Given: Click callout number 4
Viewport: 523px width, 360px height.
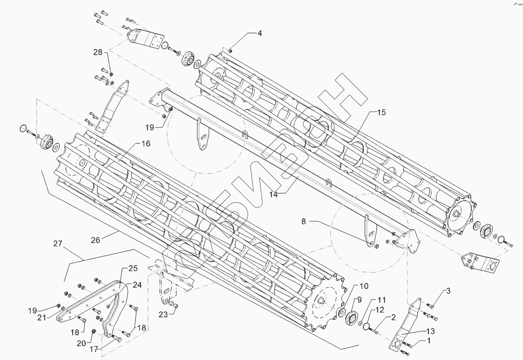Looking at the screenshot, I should click(260, 33).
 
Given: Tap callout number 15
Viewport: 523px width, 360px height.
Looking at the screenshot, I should click(382, 113).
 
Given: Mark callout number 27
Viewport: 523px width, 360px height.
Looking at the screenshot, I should click(58, 244).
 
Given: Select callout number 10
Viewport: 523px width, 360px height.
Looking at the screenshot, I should click(364, 286).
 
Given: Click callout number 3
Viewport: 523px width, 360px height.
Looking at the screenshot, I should click(448, 291).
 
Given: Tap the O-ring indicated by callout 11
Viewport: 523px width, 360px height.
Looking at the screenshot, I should click(365, 325).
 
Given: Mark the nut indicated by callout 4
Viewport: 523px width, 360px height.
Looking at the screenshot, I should click(230, 51).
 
